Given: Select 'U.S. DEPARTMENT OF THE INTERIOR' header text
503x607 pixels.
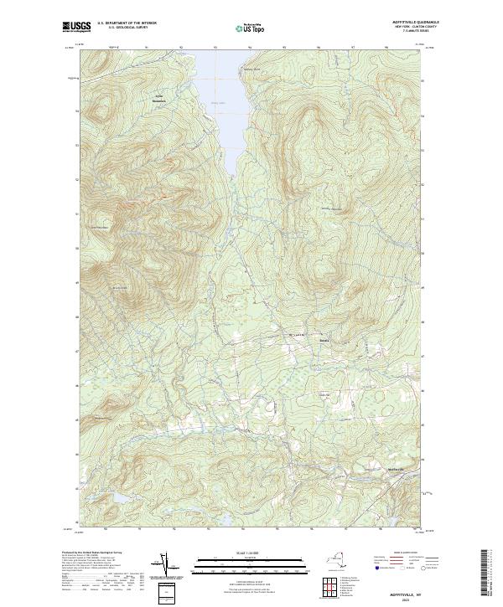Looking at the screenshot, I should [126, 23].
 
